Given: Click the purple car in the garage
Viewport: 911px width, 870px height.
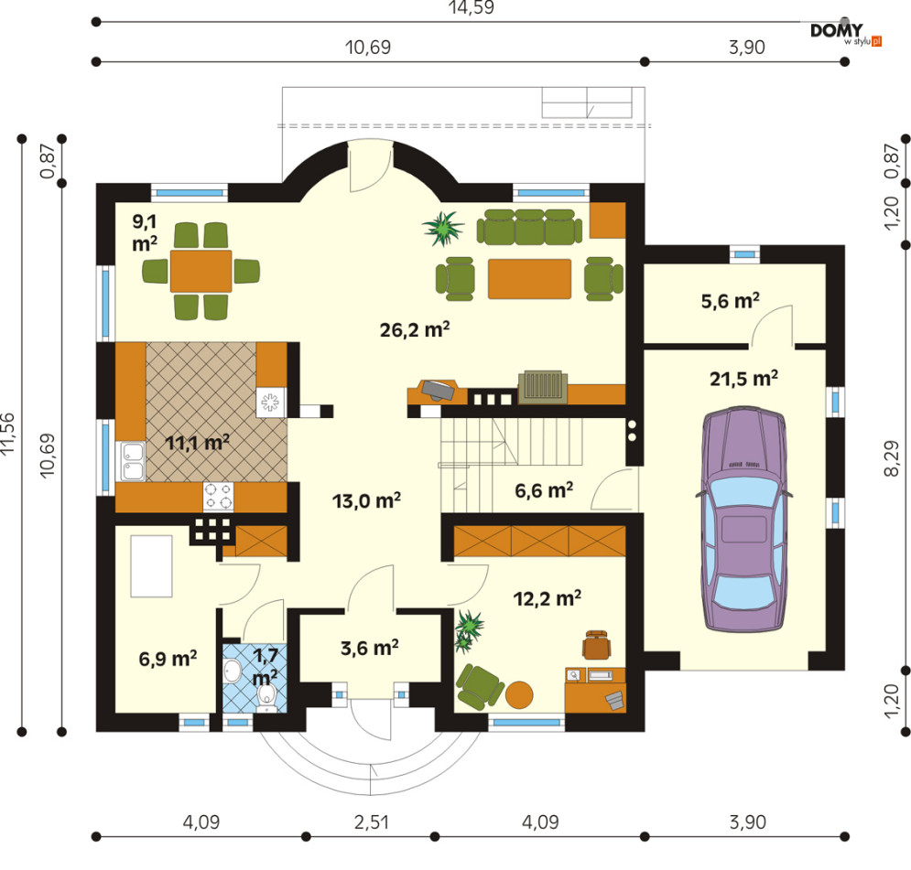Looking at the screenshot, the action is coord(744,520).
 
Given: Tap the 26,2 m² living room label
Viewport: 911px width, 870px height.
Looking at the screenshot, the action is coord(415,329).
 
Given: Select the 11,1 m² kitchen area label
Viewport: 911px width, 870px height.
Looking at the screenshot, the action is coord(198,443).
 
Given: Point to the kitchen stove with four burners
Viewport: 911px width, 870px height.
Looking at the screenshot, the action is coord(218,496).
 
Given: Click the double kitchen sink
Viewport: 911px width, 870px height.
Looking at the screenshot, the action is coord(133,461).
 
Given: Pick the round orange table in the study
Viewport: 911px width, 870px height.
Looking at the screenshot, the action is coord(519,694).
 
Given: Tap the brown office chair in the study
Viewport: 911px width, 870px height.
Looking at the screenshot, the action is coord(597,644).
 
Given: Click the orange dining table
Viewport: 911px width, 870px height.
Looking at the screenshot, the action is coord(201,271).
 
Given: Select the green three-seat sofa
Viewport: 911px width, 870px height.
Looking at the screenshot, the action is coord(529,227).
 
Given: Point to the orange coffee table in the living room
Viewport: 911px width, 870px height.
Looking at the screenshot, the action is coord(529,279).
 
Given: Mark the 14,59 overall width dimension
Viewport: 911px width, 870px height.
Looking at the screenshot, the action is coord(471,7).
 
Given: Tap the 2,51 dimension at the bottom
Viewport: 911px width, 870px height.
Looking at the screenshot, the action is coord(371,822).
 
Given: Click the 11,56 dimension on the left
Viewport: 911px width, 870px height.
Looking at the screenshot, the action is coord(8,433).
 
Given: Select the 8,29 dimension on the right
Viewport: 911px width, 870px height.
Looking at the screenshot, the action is coord(891,458).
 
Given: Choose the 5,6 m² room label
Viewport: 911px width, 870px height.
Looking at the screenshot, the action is coord(731,301).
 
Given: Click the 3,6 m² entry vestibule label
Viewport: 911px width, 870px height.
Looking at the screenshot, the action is coord(370,648).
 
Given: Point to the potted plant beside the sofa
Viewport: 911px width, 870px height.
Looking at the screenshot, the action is coord(444,228).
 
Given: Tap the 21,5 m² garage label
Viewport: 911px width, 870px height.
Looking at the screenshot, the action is coord(744,379).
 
